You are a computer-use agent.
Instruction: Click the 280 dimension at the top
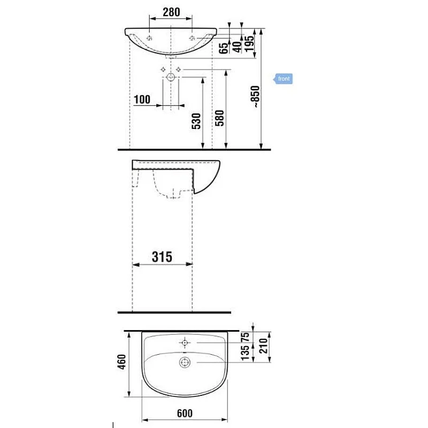171,11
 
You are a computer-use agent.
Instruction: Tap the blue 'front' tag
283,79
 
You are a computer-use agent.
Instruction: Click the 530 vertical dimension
196,121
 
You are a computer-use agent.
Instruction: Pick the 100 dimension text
142,99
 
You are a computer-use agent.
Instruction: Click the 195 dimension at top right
249,41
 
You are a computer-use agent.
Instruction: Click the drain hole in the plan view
185,363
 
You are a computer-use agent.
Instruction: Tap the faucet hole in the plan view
185,342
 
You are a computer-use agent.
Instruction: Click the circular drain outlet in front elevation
171,77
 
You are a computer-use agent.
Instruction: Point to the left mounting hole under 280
150,37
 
